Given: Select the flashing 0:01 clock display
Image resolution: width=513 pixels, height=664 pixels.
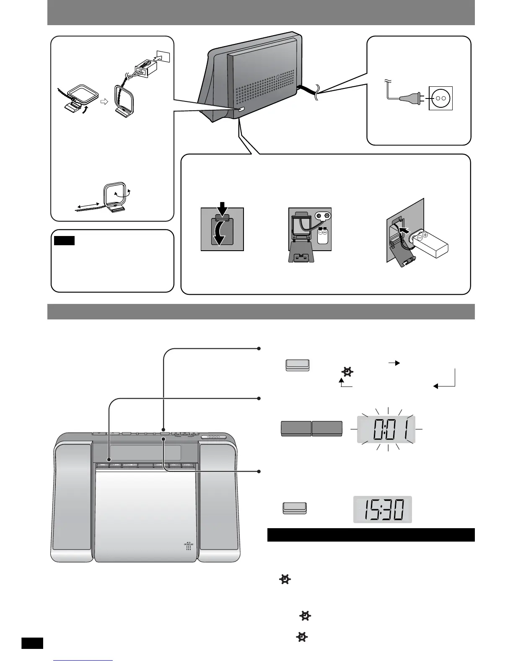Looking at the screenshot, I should (x=386, y=429).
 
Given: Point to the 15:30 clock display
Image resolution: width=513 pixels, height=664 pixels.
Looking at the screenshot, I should (x=382, y=509).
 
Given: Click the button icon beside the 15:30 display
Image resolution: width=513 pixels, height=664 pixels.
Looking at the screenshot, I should (x=295, y=508).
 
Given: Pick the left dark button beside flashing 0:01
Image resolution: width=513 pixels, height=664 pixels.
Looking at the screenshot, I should (x=295, y=428).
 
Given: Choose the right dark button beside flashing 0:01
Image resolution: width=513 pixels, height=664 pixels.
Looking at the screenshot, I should (x=327, y=428).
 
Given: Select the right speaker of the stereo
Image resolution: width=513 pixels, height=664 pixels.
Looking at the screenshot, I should (x=218, y=499).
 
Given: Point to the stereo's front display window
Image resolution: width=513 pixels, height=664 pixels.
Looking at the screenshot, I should (x=138, y=453).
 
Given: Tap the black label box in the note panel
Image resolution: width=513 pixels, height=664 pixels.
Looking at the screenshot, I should (x=64, y=241).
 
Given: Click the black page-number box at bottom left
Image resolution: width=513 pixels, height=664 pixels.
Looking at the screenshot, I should (x=32, y=643).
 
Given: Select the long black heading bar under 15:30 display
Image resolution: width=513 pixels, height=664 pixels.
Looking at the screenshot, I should (x=370, y=535).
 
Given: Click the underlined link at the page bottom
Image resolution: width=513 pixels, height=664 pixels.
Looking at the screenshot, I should (x=83, y=661).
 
